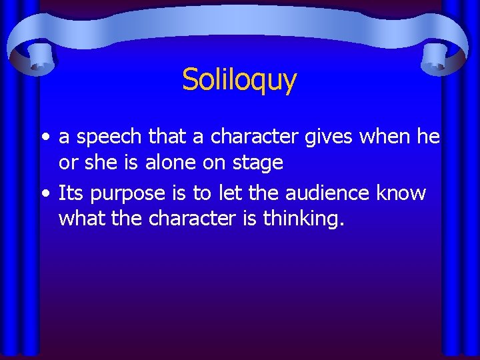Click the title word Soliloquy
pos(239,80)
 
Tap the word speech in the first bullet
pos(108,137)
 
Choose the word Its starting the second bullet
pos(70,193)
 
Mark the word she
pos(99,162)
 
